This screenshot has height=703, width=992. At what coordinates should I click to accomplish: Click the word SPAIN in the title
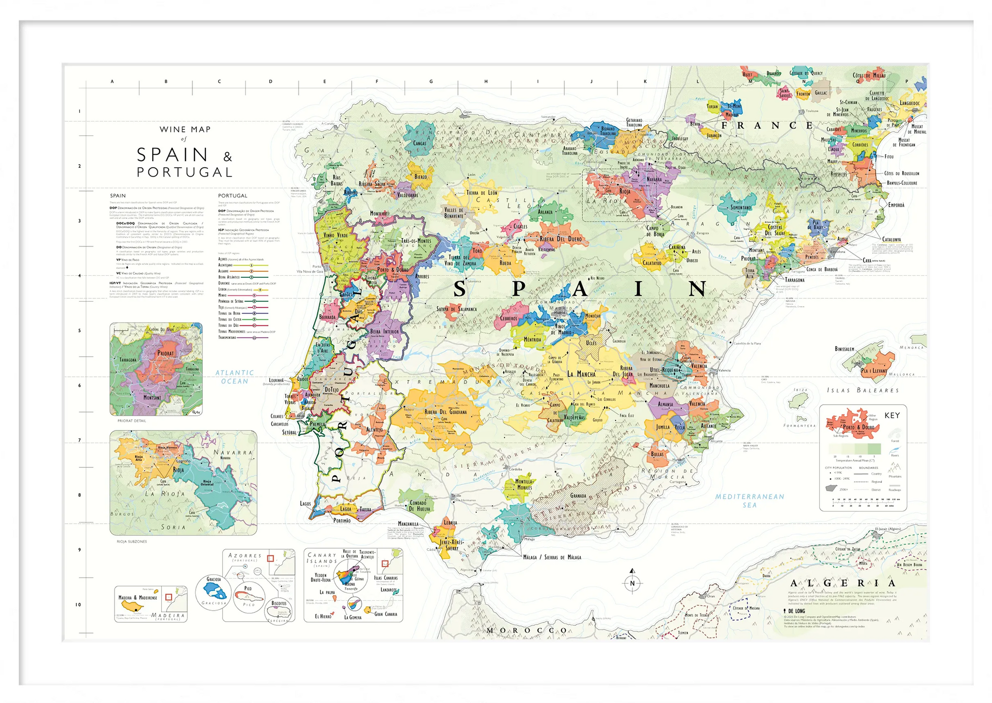pyautogui.click(x=172, y=155)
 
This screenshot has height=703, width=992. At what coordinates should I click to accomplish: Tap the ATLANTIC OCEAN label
pyautogui.click(x=235, y=377)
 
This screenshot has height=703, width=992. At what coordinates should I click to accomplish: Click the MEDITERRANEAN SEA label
pyautogui.click(x=749, y=501)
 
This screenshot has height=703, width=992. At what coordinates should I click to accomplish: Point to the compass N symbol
pyautogui.click(x=632, y=583)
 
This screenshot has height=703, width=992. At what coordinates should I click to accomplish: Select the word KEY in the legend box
pyautogui.click(x=892, y=415)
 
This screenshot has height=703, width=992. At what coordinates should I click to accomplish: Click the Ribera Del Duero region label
pyautogui.click(x=560, y=239)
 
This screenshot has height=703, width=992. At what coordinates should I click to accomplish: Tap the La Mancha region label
pyautogui.click(x=581, y=374)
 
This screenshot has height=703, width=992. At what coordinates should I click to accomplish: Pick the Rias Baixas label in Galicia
pyautogui.click(x=336, y=180)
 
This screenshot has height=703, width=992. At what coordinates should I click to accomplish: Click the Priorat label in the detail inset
pyautogui.click(x=166, y=354)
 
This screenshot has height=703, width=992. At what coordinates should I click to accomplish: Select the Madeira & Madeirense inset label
pyautogui.click(x=137, y=597)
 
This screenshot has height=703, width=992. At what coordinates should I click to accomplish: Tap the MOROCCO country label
pyautogui.click(x=527, y=631)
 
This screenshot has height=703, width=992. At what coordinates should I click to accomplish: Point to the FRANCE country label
pyautogui.click(x=767, y=126)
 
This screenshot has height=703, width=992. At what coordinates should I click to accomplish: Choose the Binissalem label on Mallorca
pyautogui.click(x=844, y=349)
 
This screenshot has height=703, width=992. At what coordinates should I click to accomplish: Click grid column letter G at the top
pyautogui.click(x=431, y=81)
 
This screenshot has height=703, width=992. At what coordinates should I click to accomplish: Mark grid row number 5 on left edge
pyautogui.click(x=79, y=330)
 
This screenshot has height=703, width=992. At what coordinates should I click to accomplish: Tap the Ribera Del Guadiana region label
pyautogui.click(x=445, y=412)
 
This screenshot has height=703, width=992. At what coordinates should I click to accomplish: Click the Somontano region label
pyautogui.click(x=741, y=207)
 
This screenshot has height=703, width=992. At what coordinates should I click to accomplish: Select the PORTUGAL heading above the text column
pyautogui.click(x=232, y=195)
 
